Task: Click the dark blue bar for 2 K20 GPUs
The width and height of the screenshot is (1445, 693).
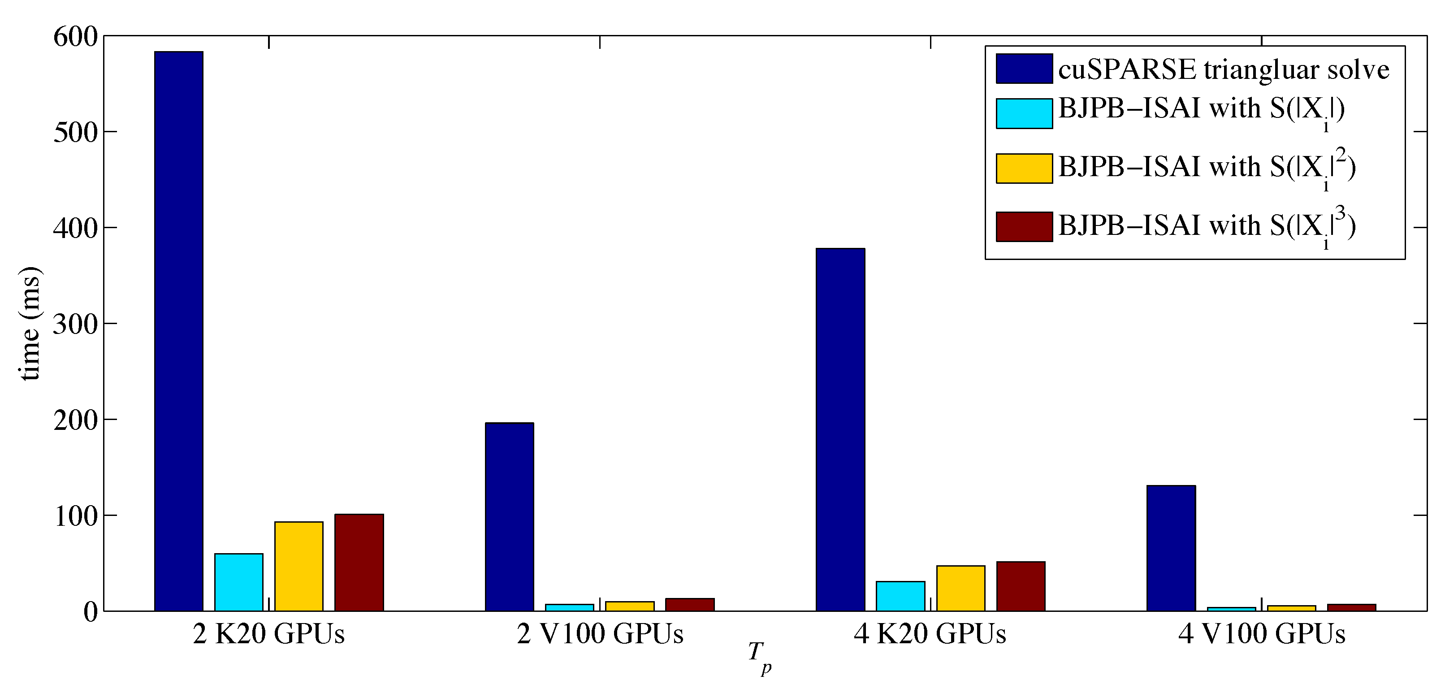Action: [x=178, y=331]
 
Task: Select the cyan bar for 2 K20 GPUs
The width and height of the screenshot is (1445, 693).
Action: [x=238, y=582]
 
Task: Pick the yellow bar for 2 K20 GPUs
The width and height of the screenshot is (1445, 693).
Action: [x=299, y=566]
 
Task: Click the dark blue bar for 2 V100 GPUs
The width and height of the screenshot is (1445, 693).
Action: [x=509, y=517]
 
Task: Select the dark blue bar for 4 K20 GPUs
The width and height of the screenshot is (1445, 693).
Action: [x=840, y=429]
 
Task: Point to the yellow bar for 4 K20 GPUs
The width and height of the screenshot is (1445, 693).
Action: [x=960, y=588]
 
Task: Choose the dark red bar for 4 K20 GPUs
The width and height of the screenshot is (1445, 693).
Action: [x=1021, y=586]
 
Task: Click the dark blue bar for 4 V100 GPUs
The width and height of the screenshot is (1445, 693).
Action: [x=1171, y=548]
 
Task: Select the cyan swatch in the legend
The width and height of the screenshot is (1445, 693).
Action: [x=1024, y=113]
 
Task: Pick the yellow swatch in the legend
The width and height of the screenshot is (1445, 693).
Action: [x=1024, y=169]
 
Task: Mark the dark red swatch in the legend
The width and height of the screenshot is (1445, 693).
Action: [x=1024, y=227]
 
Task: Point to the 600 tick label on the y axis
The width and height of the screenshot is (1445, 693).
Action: [x=75, y=37]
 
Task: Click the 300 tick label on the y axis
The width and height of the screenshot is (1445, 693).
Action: [x=75, y=325]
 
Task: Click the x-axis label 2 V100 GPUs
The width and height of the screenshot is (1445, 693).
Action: [x=600, y=634]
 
